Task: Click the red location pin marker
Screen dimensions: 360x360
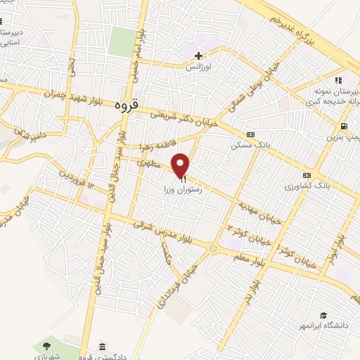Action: pos(181,165)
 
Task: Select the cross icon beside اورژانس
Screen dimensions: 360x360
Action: pos(199,56)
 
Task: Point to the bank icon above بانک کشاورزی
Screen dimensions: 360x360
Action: pos(306,175)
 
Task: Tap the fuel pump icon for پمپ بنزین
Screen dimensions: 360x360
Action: pos(343,127)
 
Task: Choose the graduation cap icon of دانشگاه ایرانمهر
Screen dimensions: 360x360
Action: pos(323,316)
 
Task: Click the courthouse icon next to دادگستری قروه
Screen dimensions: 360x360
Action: pos(103,347)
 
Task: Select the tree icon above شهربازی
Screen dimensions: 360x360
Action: pos(46,345)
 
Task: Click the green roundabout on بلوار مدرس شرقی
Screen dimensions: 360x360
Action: pos(212,247)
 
